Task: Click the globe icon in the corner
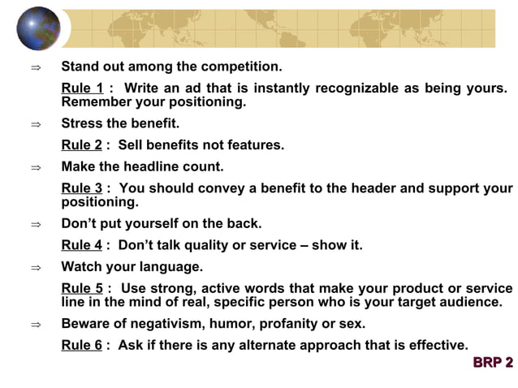click(38, 28)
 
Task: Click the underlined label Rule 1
click(82, 88)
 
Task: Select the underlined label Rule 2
click(82, 145)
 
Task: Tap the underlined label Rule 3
click(82, 188)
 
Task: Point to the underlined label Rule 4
click(82, 245)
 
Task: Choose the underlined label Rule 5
click(82, 288)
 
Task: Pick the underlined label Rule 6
click(82, 345)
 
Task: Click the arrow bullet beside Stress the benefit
click(35, 124)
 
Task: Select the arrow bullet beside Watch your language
click(35, 267)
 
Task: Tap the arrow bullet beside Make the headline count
click(35, 167)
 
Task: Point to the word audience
click(470, 302)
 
